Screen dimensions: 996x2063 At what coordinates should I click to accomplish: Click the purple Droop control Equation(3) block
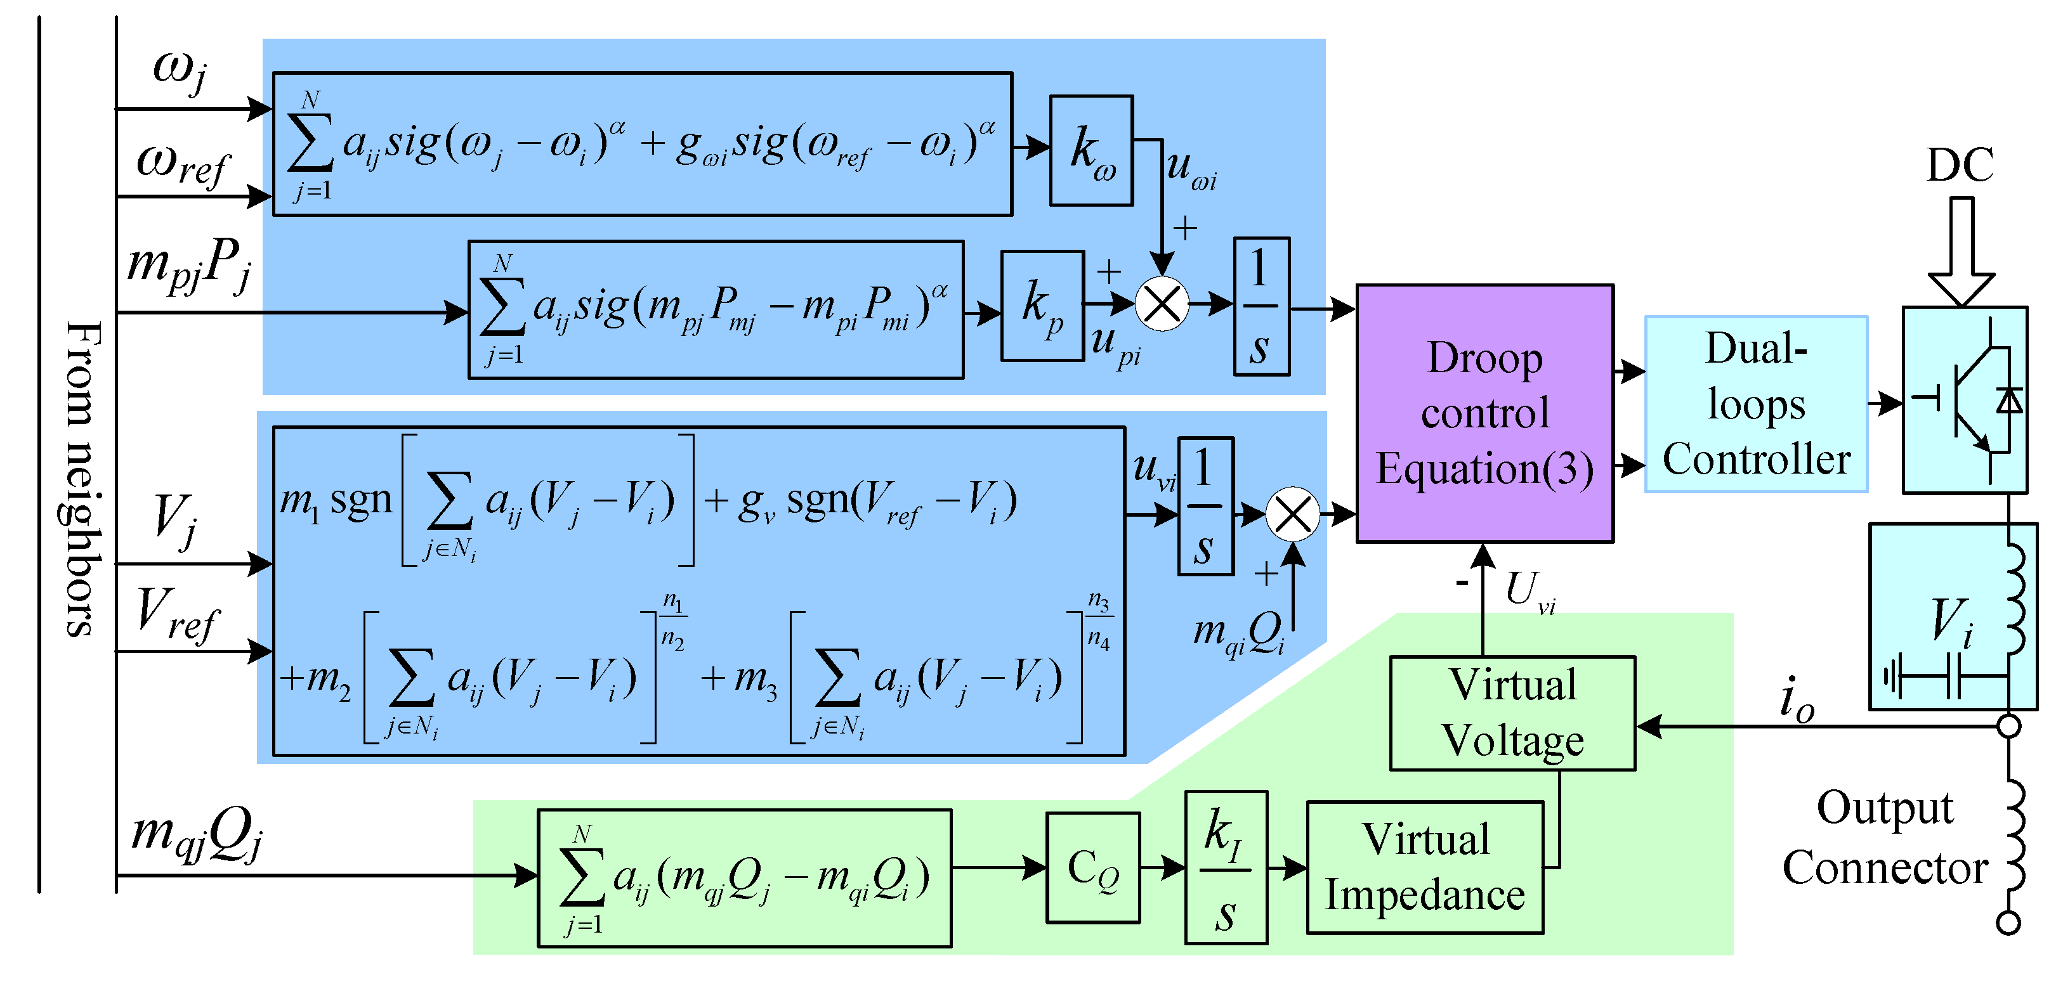pos(1484,413)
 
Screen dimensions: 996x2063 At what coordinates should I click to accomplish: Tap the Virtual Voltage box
pos(1512,713)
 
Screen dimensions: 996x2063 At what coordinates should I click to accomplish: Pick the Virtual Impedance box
pos(1424,867)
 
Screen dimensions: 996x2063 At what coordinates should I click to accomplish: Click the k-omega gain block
pos(1090,150)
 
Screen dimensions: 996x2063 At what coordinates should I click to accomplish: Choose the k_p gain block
pos(1042,306)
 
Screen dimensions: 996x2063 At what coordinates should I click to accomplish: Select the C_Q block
pos(1092,868)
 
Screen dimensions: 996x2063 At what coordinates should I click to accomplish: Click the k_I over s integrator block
pos(1226,867)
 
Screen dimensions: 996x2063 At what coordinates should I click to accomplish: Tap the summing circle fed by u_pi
pos(1162,304)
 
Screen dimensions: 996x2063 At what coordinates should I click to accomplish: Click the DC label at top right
pos(1960,165)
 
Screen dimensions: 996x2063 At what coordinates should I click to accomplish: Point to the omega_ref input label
pos(183,165)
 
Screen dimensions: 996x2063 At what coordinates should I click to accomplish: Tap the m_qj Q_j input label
pos(196,834)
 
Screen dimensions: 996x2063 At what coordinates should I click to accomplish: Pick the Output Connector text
pos(1884,838)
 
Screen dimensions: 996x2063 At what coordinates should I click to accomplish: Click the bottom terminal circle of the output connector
pos(2008,922)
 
